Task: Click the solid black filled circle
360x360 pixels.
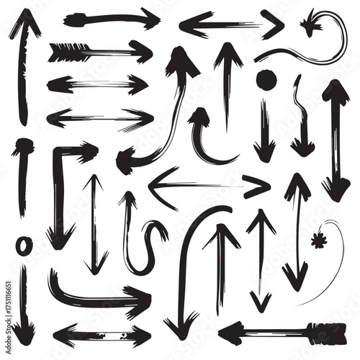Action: pos(266,81)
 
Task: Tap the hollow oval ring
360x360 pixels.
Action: pos(23,246)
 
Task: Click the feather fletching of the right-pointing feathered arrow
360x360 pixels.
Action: pos(67,53)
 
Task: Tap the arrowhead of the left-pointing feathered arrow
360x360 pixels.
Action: pos(232,333)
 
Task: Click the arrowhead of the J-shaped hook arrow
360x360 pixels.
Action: pos(199,117)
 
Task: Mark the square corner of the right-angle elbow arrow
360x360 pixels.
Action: pos(58,151)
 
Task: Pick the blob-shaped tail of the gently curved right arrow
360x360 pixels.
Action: pos(75,19)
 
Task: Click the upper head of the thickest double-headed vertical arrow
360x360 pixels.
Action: pos(336,92)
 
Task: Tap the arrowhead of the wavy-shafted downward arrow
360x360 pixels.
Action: pos(302,146)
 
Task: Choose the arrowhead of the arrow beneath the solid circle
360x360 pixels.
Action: pos(264,150)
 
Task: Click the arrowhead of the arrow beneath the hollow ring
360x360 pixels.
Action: pos(23,333)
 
